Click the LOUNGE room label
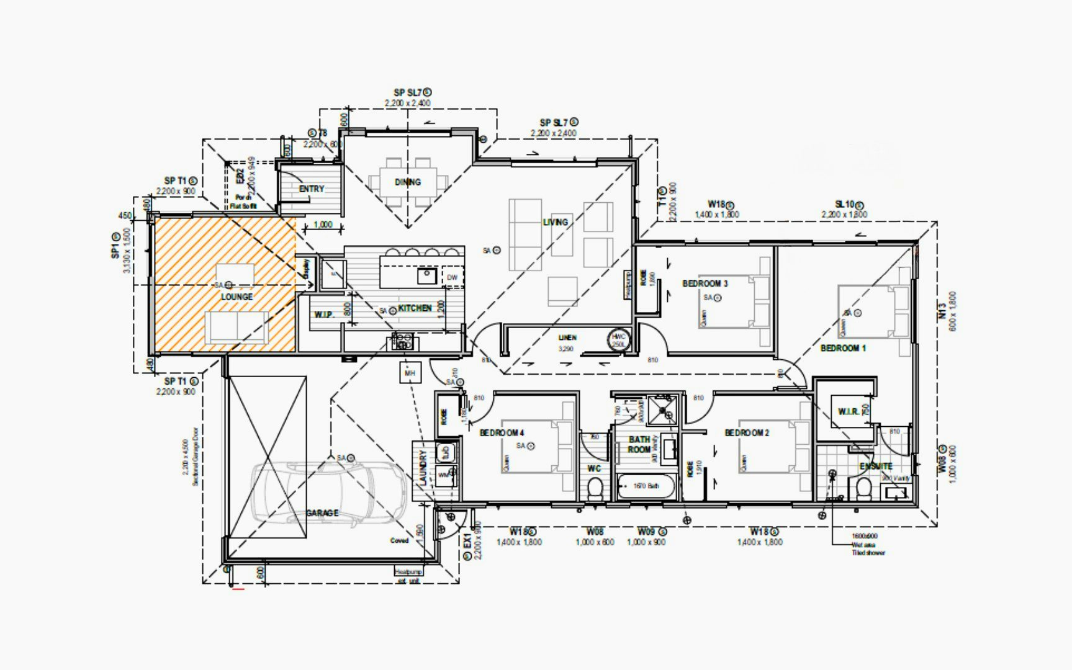[236, 297]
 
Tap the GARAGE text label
[322, 513]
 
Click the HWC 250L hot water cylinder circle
[619, 340]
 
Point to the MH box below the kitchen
[410, 373]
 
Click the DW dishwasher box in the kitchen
[452, 277]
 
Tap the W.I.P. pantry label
[324, 315]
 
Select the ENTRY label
[311, 189]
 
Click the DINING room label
[407, 182]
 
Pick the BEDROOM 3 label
[705, 284]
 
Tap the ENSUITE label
[875, 466]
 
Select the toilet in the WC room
[595, 489]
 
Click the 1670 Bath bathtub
[646, 486]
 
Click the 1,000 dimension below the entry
[323, 225]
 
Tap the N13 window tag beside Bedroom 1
[942, 311]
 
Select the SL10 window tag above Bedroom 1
[845, 204]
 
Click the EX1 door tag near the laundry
[467, 541]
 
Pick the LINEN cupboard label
[567, 337]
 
